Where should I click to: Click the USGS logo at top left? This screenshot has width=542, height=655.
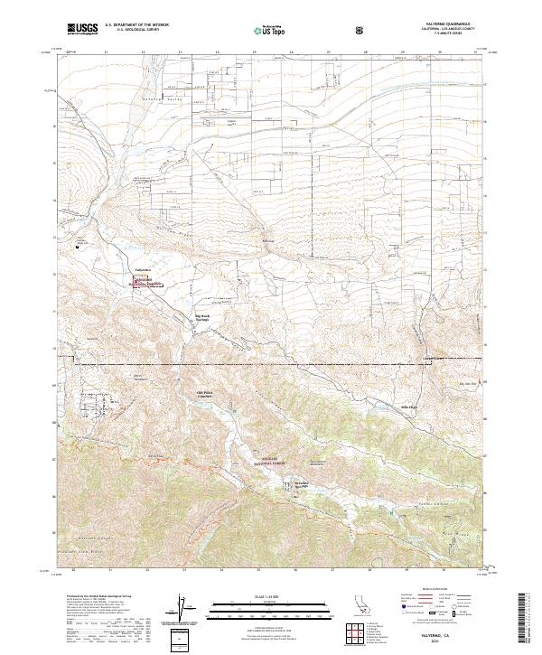point(83,30)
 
